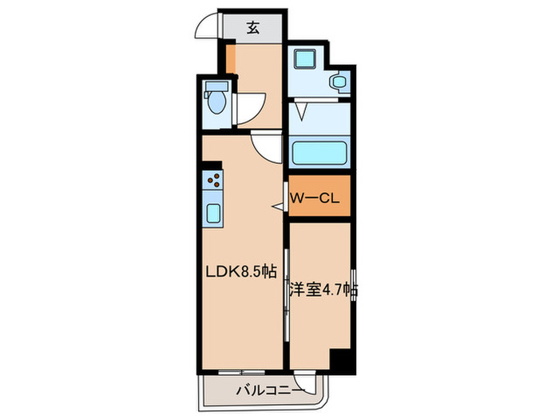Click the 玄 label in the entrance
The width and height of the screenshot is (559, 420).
pyautogui.click(x=252, y=28)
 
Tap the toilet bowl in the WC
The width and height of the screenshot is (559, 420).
pyautogui.click(x=215, y=103)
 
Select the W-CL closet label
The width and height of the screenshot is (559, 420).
pyautogui.click(x=315, y=198)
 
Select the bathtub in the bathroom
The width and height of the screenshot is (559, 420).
pyautogui.click(x=317, y=153)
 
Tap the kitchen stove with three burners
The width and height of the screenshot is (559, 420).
pyautogui.click(x=212, y=183)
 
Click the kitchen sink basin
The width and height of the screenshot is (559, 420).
pyautogui.click(x=214, y=212)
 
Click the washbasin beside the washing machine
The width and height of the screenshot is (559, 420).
pyautogui.click(x=339, y=82)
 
